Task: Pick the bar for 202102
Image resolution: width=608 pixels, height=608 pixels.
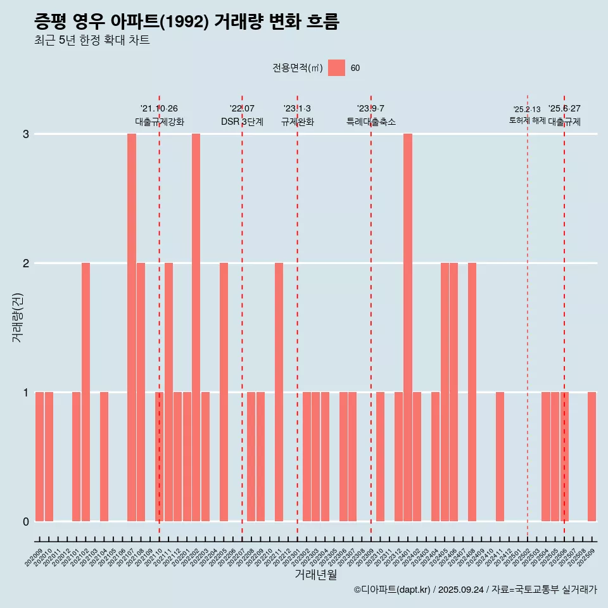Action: (85, 392)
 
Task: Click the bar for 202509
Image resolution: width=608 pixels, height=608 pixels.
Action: (592, 457)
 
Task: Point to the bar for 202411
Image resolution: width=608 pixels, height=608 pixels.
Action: (500, 457)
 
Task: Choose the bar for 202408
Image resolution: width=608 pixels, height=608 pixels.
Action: (472, 392)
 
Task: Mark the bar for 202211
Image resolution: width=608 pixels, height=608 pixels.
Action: (279, 392)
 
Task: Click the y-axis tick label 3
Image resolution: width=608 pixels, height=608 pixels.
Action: (26, 134)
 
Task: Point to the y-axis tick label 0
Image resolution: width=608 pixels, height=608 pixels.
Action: (26, 522)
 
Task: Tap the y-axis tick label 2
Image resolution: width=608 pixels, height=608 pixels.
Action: (26, 263)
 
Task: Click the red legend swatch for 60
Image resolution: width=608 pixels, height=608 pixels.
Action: (336, 68)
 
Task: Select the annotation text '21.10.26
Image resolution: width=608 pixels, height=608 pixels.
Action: (159, 109)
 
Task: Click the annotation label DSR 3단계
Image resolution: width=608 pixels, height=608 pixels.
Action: (242, 122)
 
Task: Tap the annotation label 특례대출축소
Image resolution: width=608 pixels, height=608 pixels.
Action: (371, 122)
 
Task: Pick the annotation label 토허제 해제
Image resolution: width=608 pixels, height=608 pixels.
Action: (527, 120)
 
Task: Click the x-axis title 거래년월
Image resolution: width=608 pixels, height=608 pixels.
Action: (315, 574)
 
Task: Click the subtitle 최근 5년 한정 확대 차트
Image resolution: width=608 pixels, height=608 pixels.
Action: (92, 41)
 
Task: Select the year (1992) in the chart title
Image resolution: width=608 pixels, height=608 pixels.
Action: (184, 22)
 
